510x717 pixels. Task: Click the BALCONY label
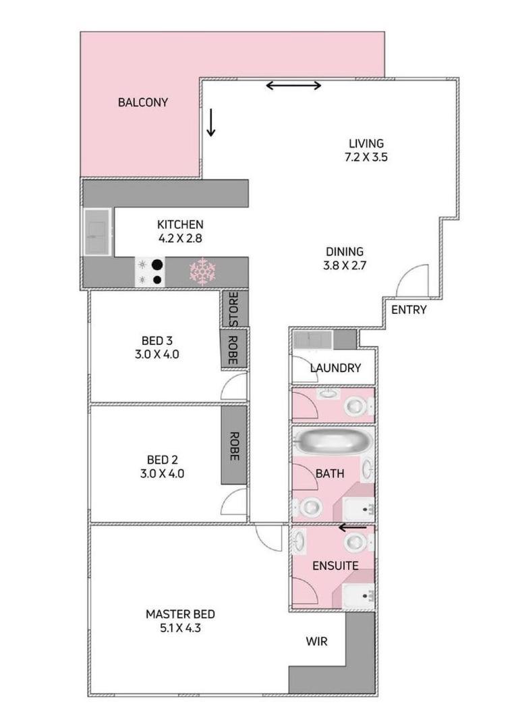click(142, 103)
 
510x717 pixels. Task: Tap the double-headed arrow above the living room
click(293, 85)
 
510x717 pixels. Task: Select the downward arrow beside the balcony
click(210, 123)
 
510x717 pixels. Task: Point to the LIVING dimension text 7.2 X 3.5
click(366, 157)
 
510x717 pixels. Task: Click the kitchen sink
click(97, 232)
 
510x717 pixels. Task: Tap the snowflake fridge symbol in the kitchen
click(202, 271)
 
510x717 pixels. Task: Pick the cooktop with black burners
click(150, 272)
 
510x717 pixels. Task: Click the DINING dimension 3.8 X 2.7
click(345, 265)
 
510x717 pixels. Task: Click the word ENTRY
click(409, 310)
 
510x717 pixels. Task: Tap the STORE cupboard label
click(233, 309)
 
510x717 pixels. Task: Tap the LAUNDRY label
click(335, 368)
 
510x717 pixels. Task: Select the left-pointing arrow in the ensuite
click(352, 528)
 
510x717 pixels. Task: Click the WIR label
click(316, 641)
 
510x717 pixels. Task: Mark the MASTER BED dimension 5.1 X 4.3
click(180, 628)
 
